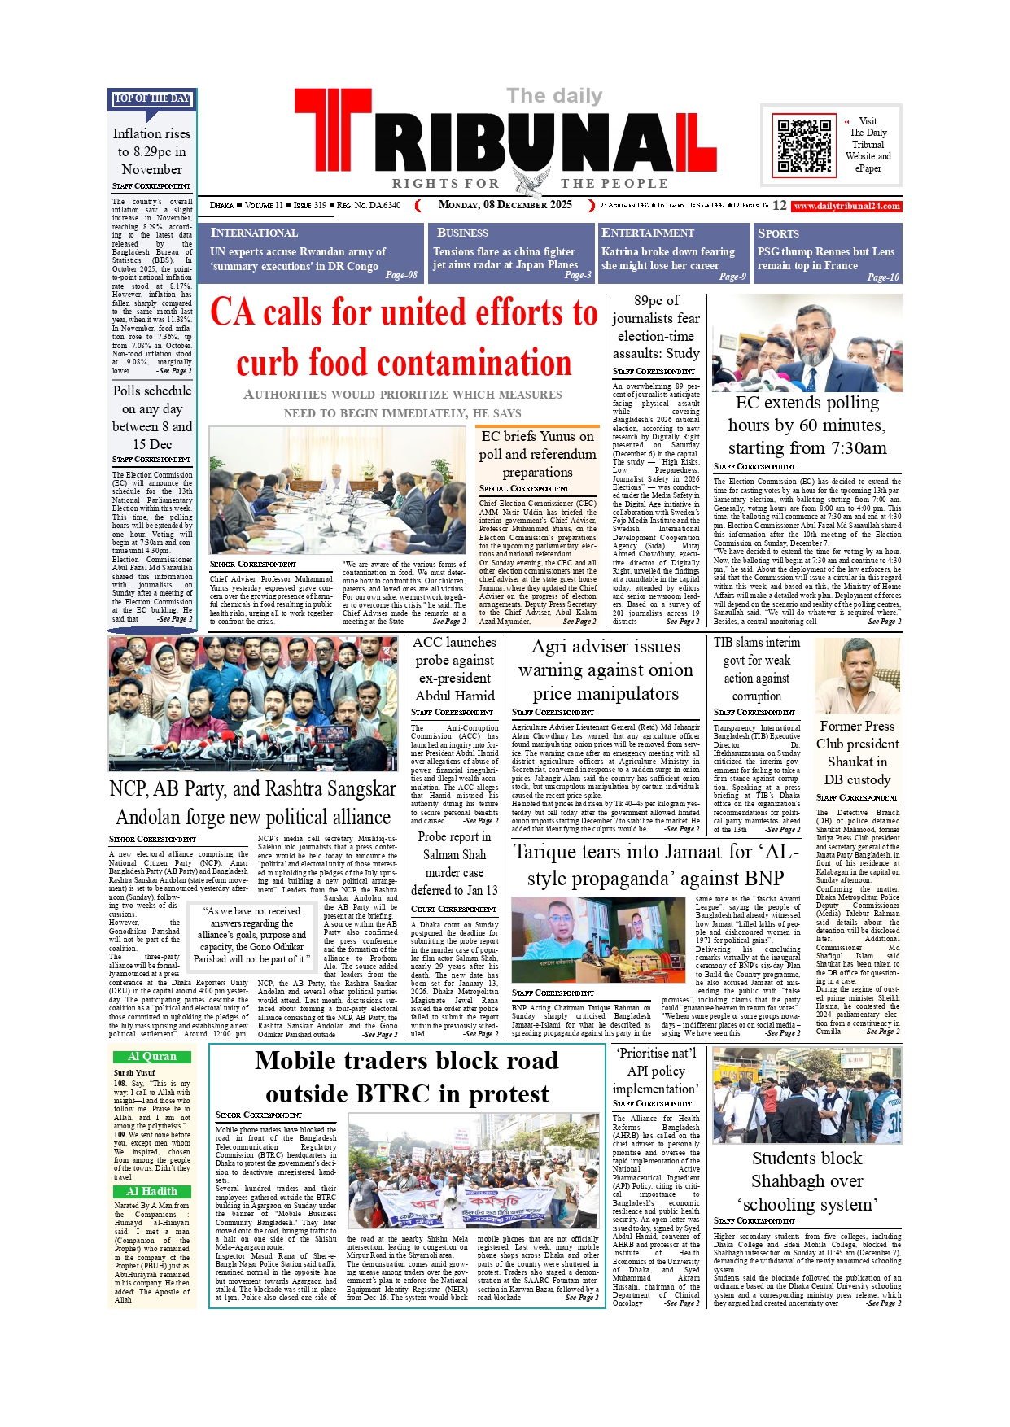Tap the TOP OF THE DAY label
[152, 98]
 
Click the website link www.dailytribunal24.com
[846, 207]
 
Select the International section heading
[254, 233]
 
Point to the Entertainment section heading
[647, 233]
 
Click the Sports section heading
[778, 233]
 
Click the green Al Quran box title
[152, 1057]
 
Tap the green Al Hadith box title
[152, 1191]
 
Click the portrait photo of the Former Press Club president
[858, 675]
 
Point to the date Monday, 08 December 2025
[505, 205]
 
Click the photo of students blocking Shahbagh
[807, 1095]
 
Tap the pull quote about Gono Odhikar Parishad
[254, 935]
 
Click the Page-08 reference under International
[401, 275]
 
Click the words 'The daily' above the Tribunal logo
[554, 96]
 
